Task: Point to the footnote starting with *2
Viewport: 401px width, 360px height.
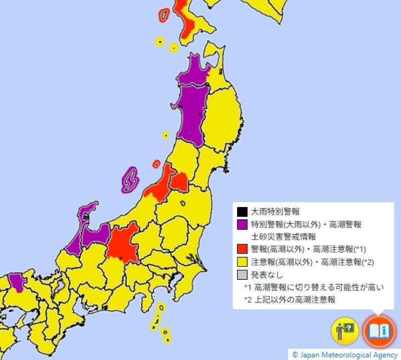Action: coord(290,300)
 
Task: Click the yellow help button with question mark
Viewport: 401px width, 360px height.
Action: coord(344,331)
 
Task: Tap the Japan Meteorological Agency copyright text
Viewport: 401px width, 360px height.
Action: coord(345,354)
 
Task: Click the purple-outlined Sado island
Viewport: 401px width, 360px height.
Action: coord(130,179)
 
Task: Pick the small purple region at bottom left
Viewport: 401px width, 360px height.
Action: coord(17,282)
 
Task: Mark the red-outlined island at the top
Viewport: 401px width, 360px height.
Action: coord(163,15)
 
